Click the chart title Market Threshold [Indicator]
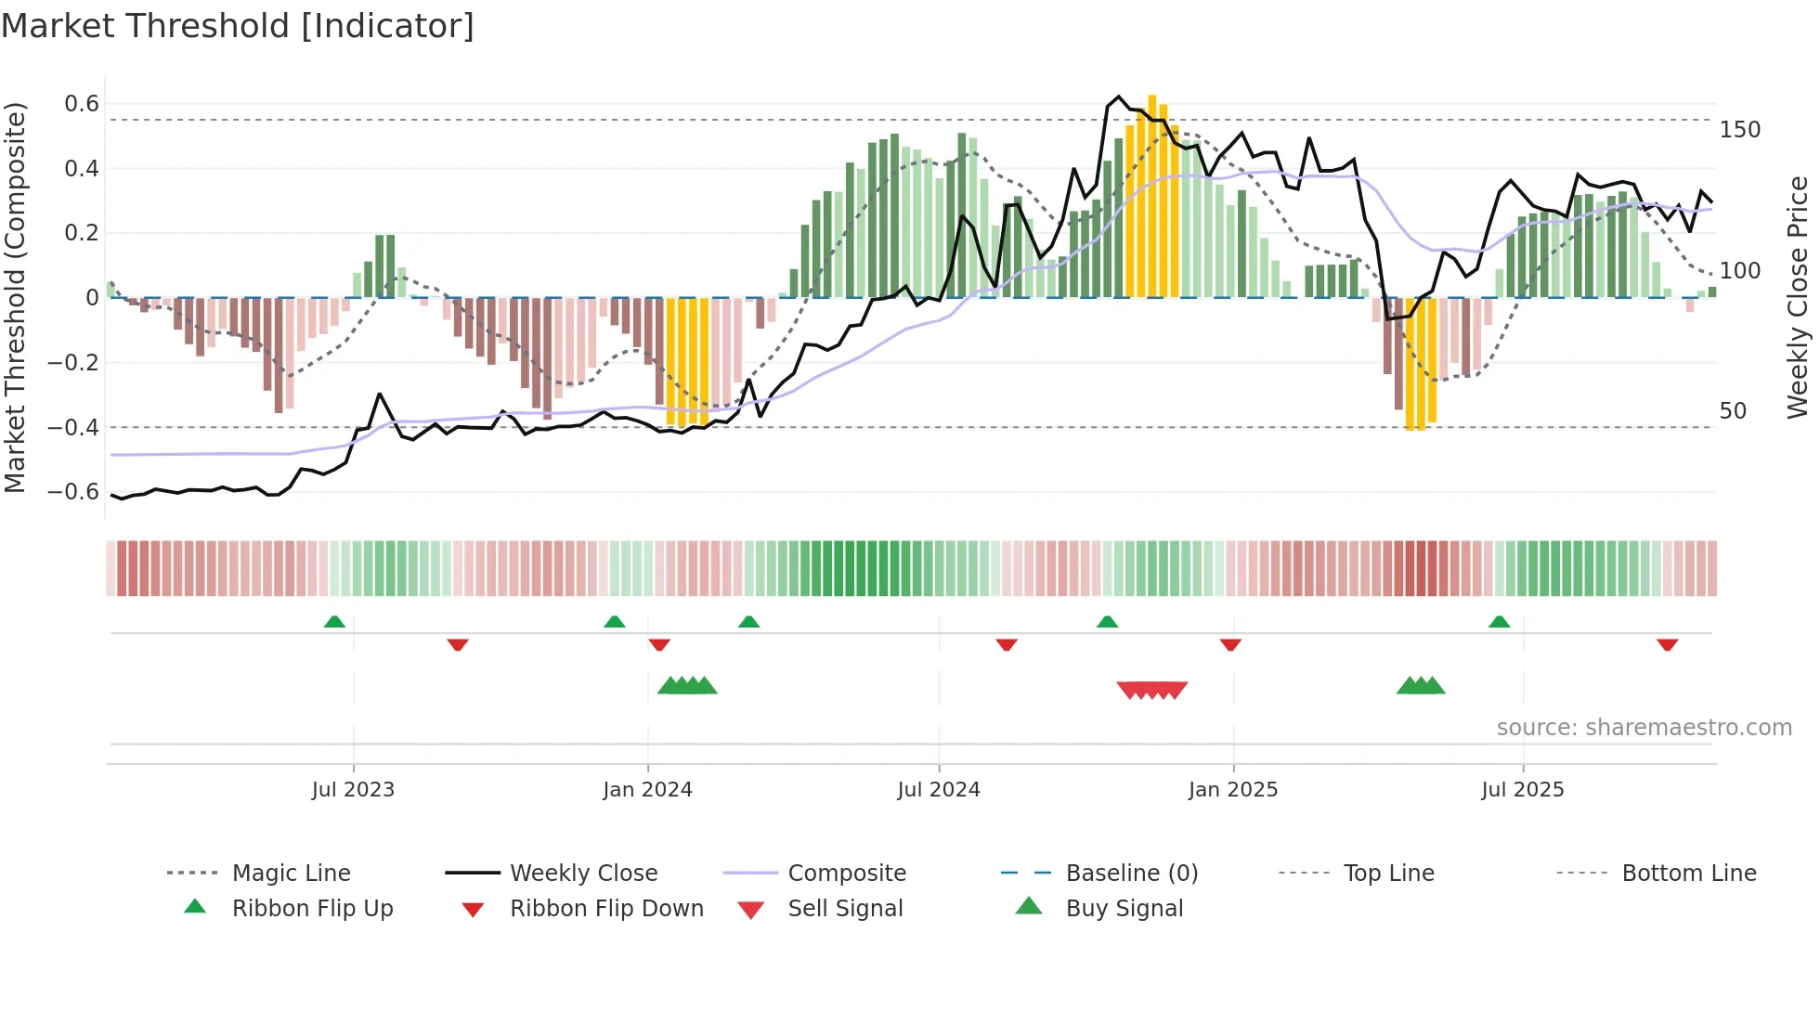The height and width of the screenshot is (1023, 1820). tap(238, 26)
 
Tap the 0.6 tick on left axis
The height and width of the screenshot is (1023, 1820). tap(82, 104)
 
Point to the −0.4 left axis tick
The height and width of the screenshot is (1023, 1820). tap(73, 428)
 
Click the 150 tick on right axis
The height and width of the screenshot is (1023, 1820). tap(1739, 130)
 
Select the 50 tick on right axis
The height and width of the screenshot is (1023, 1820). tap(1733, 411)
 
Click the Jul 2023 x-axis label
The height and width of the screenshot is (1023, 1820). tap(353, 790)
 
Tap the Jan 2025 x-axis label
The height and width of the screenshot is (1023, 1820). tap(1232, 790)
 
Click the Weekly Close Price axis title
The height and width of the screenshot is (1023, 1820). tap(1798, 297)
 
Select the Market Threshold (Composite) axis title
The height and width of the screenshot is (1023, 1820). tap(15, 297)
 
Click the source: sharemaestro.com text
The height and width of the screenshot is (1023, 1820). tap(1644, 728)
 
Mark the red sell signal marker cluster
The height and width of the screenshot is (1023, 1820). tap(1151, 690)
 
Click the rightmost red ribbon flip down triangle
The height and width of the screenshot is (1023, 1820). tap(1667, 644)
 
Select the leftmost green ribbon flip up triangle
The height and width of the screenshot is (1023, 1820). tap(334, 622)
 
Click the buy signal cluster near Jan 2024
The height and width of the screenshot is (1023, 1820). tap(687, 686)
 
